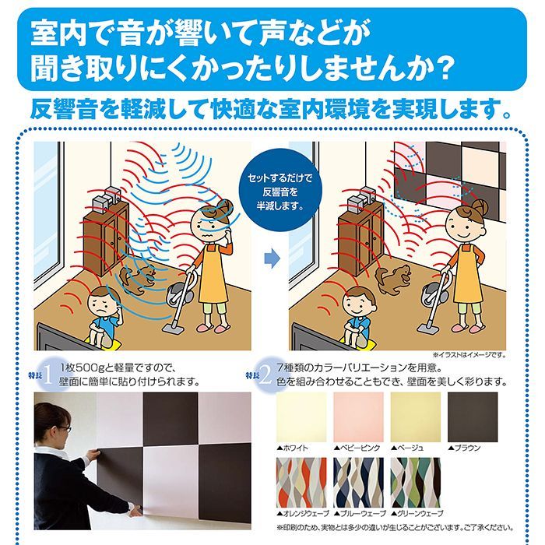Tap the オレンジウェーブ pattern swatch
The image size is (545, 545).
(302, 483)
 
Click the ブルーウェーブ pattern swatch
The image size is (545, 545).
(358, 483)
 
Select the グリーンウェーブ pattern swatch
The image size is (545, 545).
(415, 483)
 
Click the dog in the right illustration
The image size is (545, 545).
(394, 276)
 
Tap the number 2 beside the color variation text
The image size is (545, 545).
(266, 375)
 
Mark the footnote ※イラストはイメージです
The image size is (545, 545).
(470, 355)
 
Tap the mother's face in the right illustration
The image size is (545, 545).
(464, 218)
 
